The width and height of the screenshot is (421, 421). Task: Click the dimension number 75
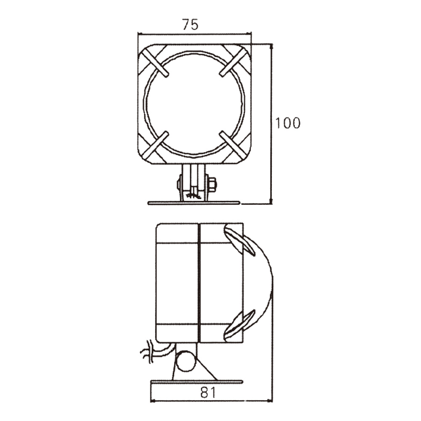190,24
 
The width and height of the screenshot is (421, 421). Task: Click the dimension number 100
288,123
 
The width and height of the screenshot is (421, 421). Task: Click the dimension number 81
208,393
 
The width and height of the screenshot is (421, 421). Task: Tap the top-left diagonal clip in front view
155,63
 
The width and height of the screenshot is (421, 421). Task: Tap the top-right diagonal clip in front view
233,63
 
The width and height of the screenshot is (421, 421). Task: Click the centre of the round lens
194,104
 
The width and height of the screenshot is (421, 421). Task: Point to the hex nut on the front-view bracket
212,184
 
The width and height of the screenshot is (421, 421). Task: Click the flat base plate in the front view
194,203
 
